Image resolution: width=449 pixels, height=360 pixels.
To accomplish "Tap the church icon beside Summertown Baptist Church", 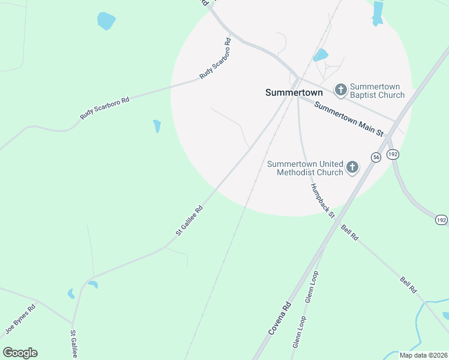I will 340,90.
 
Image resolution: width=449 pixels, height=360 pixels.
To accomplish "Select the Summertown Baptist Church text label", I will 377,91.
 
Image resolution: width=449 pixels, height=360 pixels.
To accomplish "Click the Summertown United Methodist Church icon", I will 352,167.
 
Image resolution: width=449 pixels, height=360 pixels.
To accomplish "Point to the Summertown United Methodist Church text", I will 305,168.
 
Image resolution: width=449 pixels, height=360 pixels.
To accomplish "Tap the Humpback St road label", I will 322,200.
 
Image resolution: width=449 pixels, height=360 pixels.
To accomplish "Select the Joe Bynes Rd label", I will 20,319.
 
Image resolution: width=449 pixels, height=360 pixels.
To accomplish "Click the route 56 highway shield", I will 376,157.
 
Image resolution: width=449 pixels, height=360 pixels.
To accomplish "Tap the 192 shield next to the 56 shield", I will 393,154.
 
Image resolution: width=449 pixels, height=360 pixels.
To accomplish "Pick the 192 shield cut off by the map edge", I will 441,220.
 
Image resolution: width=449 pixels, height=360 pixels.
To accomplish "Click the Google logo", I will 20,353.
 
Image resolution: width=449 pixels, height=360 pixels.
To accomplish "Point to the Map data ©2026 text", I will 423,355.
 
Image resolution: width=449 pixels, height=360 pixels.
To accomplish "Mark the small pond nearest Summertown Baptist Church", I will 320,55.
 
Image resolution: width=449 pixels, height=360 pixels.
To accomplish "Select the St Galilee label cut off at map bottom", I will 74,344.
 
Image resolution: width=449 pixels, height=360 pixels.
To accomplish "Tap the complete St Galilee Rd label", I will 189,220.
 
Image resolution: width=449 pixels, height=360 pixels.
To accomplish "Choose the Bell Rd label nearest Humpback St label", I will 349,233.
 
